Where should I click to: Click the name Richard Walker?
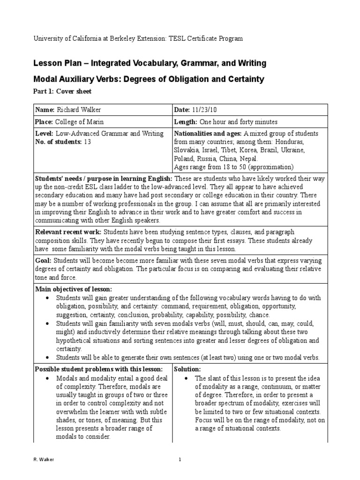pos(79,109)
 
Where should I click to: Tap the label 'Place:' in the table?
pos(45,121)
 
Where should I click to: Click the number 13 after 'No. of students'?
pos(87,142)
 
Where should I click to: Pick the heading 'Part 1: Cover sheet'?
pos(62,91)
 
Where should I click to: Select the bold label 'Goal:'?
pos(44,260)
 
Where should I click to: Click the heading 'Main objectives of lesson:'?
pos(74,289)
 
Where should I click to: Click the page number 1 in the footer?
pos(180,460)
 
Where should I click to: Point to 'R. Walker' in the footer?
pos(45,460)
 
